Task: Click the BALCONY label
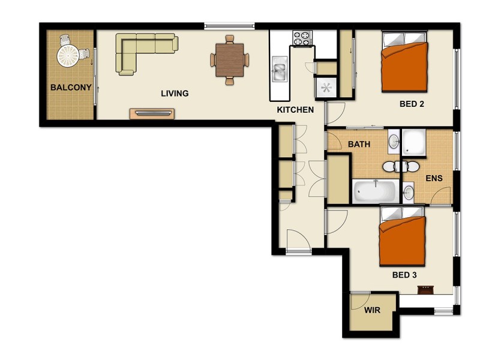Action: pos(71,88)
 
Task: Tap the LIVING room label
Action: pos(175,94)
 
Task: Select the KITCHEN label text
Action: pos(295,110)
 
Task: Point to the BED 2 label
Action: pos(412,104)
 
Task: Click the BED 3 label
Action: pos(404,275)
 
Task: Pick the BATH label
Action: pos(359,145)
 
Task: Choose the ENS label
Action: pos(434,178)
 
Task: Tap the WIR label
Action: pos(372,311)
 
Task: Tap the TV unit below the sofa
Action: pos(152,113)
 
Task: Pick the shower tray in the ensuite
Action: pos(414,142)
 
